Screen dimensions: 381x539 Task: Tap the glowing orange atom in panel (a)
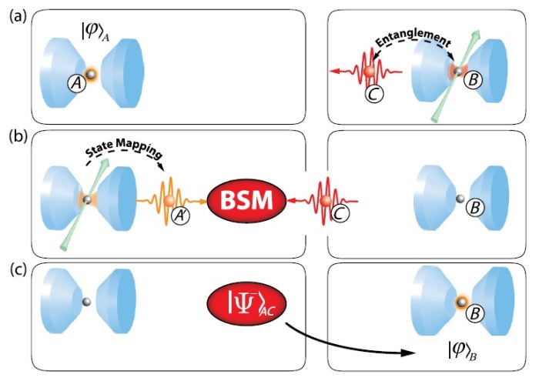(x=91, y=74)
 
